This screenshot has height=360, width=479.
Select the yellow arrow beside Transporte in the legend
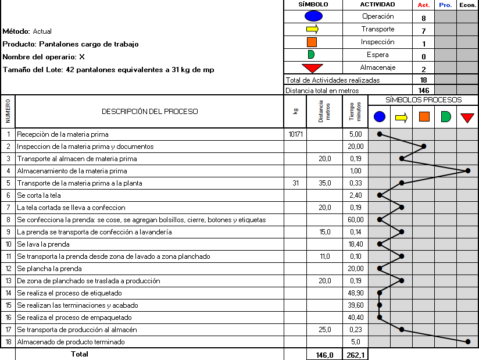pos(312,29)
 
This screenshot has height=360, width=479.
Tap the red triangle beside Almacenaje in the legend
pos(312,68)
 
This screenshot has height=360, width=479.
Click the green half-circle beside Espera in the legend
pos(311,55)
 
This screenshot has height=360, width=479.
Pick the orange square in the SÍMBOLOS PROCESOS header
pos(424,117)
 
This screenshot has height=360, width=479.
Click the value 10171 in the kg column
pos(295,134)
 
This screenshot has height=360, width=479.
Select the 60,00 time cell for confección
pos(355,220)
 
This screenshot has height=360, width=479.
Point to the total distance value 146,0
pos(324,355)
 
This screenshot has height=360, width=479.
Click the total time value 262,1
pos(355,355)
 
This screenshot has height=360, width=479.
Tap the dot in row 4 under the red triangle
pos(467,171)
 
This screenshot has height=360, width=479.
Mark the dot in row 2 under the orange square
pos(424,147)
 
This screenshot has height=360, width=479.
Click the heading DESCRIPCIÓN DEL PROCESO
pos(150,112)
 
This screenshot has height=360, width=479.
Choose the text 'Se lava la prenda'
pos(43,244)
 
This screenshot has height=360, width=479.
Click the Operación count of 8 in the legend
pos(423,18)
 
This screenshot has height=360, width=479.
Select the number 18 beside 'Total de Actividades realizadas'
pos(423,80)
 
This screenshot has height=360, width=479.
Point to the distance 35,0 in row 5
pos(324,183)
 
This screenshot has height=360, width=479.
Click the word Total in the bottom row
pos(79,354)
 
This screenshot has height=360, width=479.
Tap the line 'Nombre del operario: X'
pos(44,57)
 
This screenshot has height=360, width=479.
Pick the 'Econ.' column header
pos(467,5)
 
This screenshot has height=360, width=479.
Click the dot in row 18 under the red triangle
pos(467,342)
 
